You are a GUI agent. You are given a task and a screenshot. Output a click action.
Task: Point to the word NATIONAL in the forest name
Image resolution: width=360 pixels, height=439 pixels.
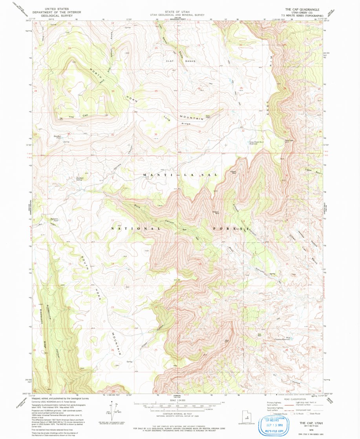(135, 228)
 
